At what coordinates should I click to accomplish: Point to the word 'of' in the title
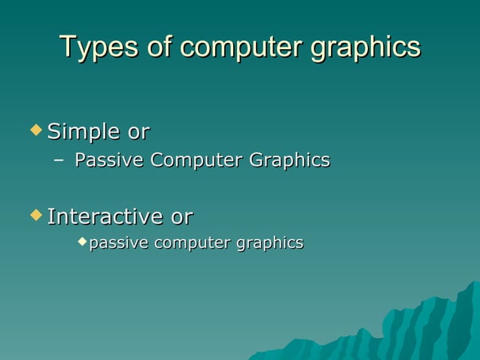pos(156,47)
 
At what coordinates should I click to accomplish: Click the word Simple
pos(84,133)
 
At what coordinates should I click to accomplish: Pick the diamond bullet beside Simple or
pos(35,130)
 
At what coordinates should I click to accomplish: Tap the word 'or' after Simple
pos(138,133)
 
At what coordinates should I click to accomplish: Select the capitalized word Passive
pos(110,160)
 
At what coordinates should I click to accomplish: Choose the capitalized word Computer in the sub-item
pos(196,160)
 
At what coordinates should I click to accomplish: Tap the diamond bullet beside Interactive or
pos(35,215)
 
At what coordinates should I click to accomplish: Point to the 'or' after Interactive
pos(181,217)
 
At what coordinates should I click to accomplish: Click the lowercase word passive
pos(119,243)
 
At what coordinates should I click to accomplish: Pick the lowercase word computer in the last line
pos(192,243)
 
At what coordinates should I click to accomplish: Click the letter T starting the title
pos(67,47)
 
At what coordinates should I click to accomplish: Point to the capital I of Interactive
pos(50,217)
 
